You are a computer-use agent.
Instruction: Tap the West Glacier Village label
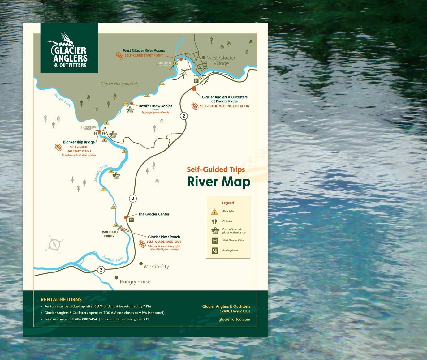point(221,61)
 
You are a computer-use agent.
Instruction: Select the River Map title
point(218,182)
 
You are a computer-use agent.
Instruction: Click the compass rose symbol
point(55,245)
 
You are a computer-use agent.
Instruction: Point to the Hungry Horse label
point(135,281)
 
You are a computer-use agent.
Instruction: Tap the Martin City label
point(156,267)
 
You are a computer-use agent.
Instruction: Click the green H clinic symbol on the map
point(196,81)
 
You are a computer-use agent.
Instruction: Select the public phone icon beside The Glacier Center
point(132,220)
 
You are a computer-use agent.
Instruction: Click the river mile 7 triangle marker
point(125,151)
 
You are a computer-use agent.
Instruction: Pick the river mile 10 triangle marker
point(113,207)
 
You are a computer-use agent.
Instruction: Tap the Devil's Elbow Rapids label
point(155,106)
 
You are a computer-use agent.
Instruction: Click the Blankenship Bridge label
point(79,142)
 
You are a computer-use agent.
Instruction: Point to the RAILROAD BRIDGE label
point(110,234)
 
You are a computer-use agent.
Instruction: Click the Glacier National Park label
point(119,84)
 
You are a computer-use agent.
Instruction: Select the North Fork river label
point(63,100)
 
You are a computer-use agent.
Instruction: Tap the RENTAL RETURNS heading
point(61,299)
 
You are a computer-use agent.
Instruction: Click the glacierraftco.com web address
point(234,319)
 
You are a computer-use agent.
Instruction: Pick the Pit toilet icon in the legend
point(214,221)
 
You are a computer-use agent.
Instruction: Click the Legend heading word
point(228,203)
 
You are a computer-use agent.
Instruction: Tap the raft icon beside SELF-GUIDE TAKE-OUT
point(142,244)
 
